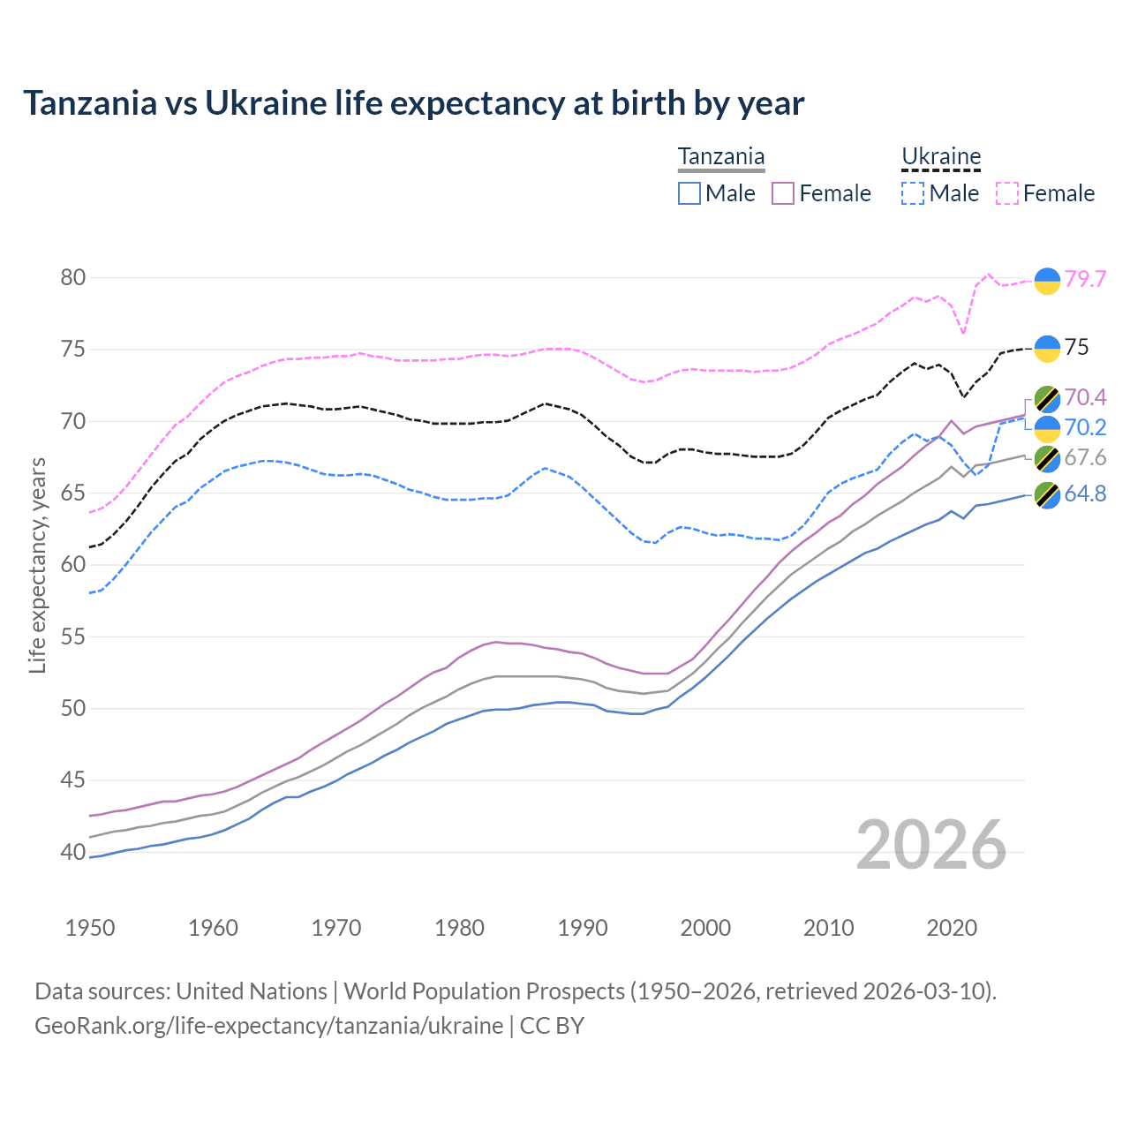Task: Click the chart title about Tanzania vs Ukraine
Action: (x=413, y=103)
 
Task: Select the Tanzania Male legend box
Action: (x=689, y=193)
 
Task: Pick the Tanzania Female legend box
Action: (x=783, y=193)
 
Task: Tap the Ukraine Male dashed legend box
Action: (x=913, y=193)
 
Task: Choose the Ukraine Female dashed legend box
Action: (x=1007, y=193)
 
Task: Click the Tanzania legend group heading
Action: (x=720, y=157)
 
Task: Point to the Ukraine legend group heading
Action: (x=941, y=157)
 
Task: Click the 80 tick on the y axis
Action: (x=72, y=277)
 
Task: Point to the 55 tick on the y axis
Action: (x=72, y=637)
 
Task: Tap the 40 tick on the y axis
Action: (x=72, y=852)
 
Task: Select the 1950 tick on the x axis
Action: (x=90, y=928)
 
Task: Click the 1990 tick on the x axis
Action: (x=583, y=928)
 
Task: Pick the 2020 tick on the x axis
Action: (x=952, y=928)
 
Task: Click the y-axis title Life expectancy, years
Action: (x=37, y=565)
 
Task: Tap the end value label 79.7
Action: (x=1085, y=279)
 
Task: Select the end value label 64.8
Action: (x=1085, y=493)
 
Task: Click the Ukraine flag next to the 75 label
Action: (x=1047, y=349)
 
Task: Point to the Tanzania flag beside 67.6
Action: (x=1047, y=458)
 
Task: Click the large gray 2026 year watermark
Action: (x=930, y=845)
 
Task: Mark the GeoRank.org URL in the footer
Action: (x=268, y=1026)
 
